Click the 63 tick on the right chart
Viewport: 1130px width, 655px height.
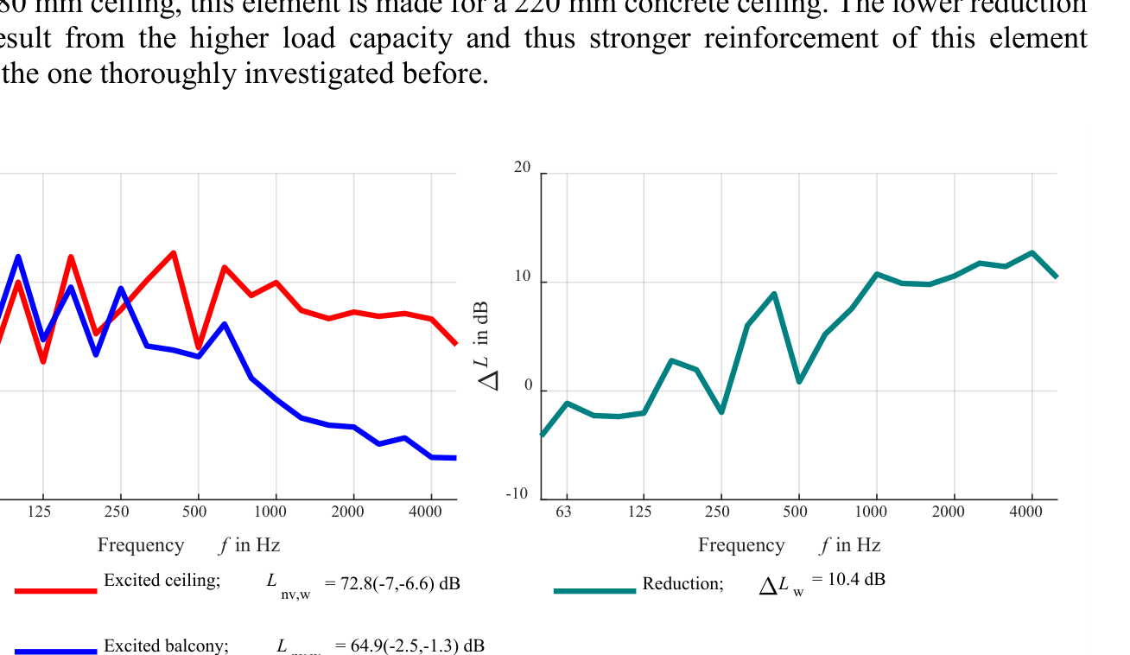pyautogui.click(x=563, y=512)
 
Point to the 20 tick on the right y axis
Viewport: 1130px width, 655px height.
pyautogui.click(x=523, y=168)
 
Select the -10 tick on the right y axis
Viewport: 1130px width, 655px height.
pyautogui.click(x=517, y=494)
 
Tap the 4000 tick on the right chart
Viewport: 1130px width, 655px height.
pyautogui.click(x=1026, y=512)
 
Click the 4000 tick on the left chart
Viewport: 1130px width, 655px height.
pyautogui.click(x=425, y=512)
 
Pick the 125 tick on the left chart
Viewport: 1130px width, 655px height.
pyautogui.click(x=39, y=512)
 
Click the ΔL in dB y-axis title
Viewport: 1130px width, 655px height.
pyautogui.click(x=487, y=346)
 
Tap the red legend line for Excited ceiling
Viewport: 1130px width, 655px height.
pyautogui.click(x=56, y=591)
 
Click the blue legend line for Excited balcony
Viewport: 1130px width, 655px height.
pyautogui.click(x=56, y=652)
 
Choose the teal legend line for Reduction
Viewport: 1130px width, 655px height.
pyautogui.click(x=594, y=591)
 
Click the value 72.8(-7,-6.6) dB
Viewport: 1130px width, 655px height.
pyautogui.click(x=400, y=583)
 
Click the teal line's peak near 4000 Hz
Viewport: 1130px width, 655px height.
pyautogui.click(x=1032, y=252)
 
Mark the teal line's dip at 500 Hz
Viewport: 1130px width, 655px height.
pyautogui.click(x=799, y=381)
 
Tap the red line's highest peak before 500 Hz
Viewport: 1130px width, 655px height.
pyautogui.click(x=174, y=253)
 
